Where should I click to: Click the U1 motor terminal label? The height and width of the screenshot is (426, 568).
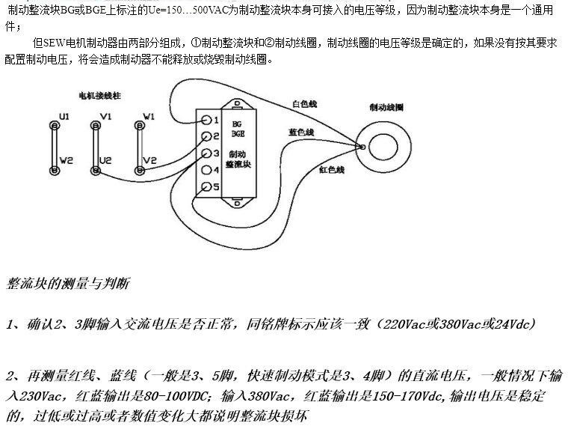point(64,116)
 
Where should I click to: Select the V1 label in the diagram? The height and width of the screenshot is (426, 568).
point(105,116)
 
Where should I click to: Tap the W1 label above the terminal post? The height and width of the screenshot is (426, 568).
point(149,116)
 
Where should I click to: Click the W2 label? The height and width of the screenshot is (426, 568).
point(66,160)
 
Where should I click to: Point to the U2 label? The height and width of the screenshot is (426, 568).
point(106,160)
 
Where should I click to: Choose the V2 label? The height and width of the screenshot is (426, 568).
point(149,160)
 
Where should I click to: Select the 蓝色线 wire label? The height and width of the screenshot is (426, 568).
point(301,132)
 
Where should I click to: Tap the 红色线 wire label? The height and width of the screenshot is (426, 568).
point(331,170)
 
